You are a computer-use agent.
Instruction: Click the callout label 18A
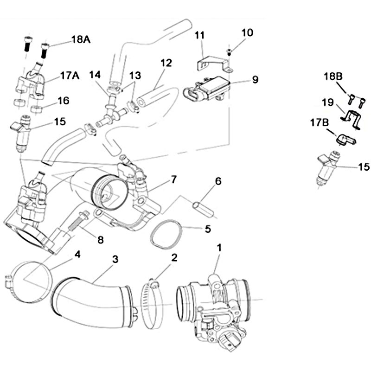(81, 39)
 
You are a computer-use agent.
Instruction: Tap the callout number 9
(255, 79)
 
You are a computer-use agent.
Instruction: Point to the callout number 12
(166, 62)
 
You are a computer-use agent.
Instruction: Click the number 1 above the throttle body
(219, 248)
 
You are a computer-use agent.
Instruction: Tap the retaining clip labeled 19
(351, 119)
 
